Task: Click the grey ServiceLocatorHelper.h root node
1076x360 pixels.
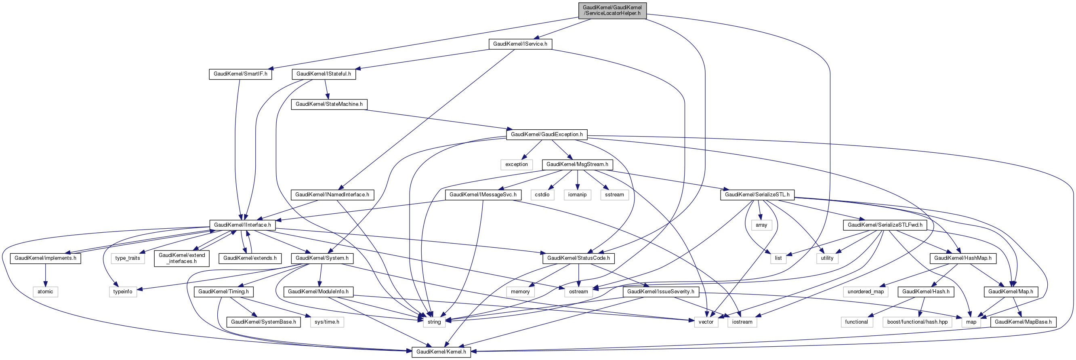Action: coord(612,11)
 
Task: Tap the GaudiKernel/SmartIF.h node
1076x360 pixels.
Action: coord(240,74)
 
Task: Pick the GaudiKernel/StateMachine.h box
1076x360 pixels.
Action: coord(329,104)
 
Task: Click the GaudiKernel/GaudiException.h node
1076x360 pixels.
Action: coord(546,135)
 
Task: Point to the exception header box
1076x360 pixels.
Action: coord(516,164)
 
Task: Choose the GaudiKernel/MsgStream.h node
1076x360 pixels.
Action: coord(577,164)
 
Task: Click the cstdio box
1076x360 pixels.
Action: coord(542,195)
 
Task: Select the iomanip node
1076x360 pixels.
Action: coord(577,195)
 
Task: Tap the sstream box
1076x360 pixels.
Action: coord(614,195)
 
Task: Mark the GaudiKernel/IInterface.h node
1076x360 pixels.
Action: coord(242,225)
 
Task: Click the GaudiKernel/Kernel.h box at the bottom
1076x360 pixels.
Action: coord(441,352)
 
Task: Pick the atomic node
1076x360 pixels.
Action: coord(45,291)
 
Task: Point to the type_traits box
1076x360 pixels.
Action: coord(127,258)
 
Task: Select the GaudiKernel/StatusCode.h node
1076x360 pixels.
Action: coord(578,258)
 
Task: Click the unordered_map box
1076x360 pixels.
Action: coord(866,291)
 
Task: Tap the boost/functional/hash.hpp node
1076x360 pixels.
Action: coord(917,322)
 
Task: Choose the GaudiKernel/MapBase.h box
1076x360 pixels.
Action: coord(1023,322)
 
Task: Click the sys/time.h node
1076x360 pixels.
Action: coord(327,322)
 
